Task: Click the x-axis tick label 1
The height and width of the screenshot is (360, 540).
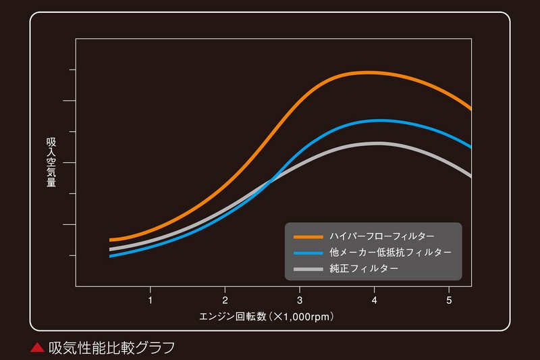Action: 150,299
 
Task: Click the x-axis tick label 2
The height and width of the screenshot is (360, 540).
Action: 225,299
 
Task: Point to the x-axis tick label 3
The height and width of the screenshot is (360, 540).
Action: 300,299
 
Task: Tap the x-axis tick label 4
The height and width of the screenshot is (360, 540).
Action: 375,299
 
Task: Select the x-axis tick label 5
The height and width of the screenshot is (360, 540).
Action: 449,299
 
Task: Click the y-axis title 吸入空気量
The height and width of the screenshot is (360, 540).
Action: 51,162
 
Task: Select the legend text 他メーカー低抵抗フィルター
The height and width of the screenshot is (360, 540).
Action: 391,253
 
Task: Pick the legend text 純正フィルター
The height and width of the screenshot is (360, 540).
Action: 364,269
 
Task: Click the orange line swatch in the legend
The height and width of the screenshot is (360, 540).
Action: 308,236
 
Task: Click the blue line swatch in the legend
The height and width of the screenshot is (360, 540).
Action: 308,253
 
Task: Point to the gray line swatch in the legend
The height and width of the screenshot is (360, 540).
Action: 308,269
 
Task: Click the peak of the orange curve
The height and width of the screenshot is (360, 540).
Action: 367,72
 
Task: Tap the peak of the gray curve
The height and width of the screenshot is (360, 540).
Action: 375,143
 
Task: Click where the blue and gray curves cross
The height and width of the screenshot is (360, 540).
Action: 271,180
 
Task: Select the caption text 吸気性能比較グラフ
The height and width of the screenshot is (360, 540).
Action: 112,348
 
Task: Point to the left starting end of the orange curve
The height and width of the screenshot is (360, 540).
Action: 111,240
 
